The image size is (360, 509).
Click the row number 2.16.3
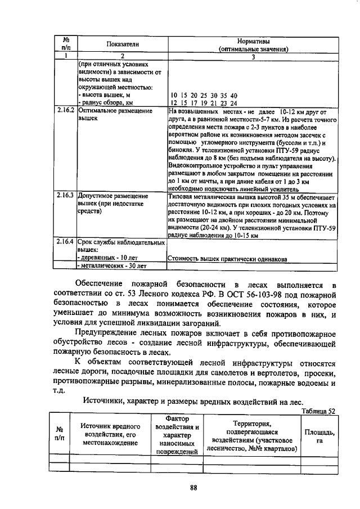(x=66, y=196)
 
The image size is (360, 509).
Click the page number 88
(x=193, y=488)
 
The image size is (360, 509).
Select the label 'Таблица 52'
(x=318, y=411)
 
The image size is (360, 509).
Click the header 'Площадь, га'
(x=319, y=436)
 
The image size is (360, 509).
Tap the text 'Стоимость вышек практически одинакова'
(x=228, y=259)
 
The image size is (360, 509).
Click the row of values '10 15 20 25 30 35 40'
(x=204, y=96)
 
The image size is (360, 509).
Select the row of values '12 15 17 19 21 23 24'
(x=204, y=103)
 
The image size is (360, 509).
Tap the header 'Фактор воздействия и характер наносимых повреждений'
(x=177, y=435)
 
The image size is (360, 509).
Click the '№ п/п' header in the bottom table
(x=59, y=435)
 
